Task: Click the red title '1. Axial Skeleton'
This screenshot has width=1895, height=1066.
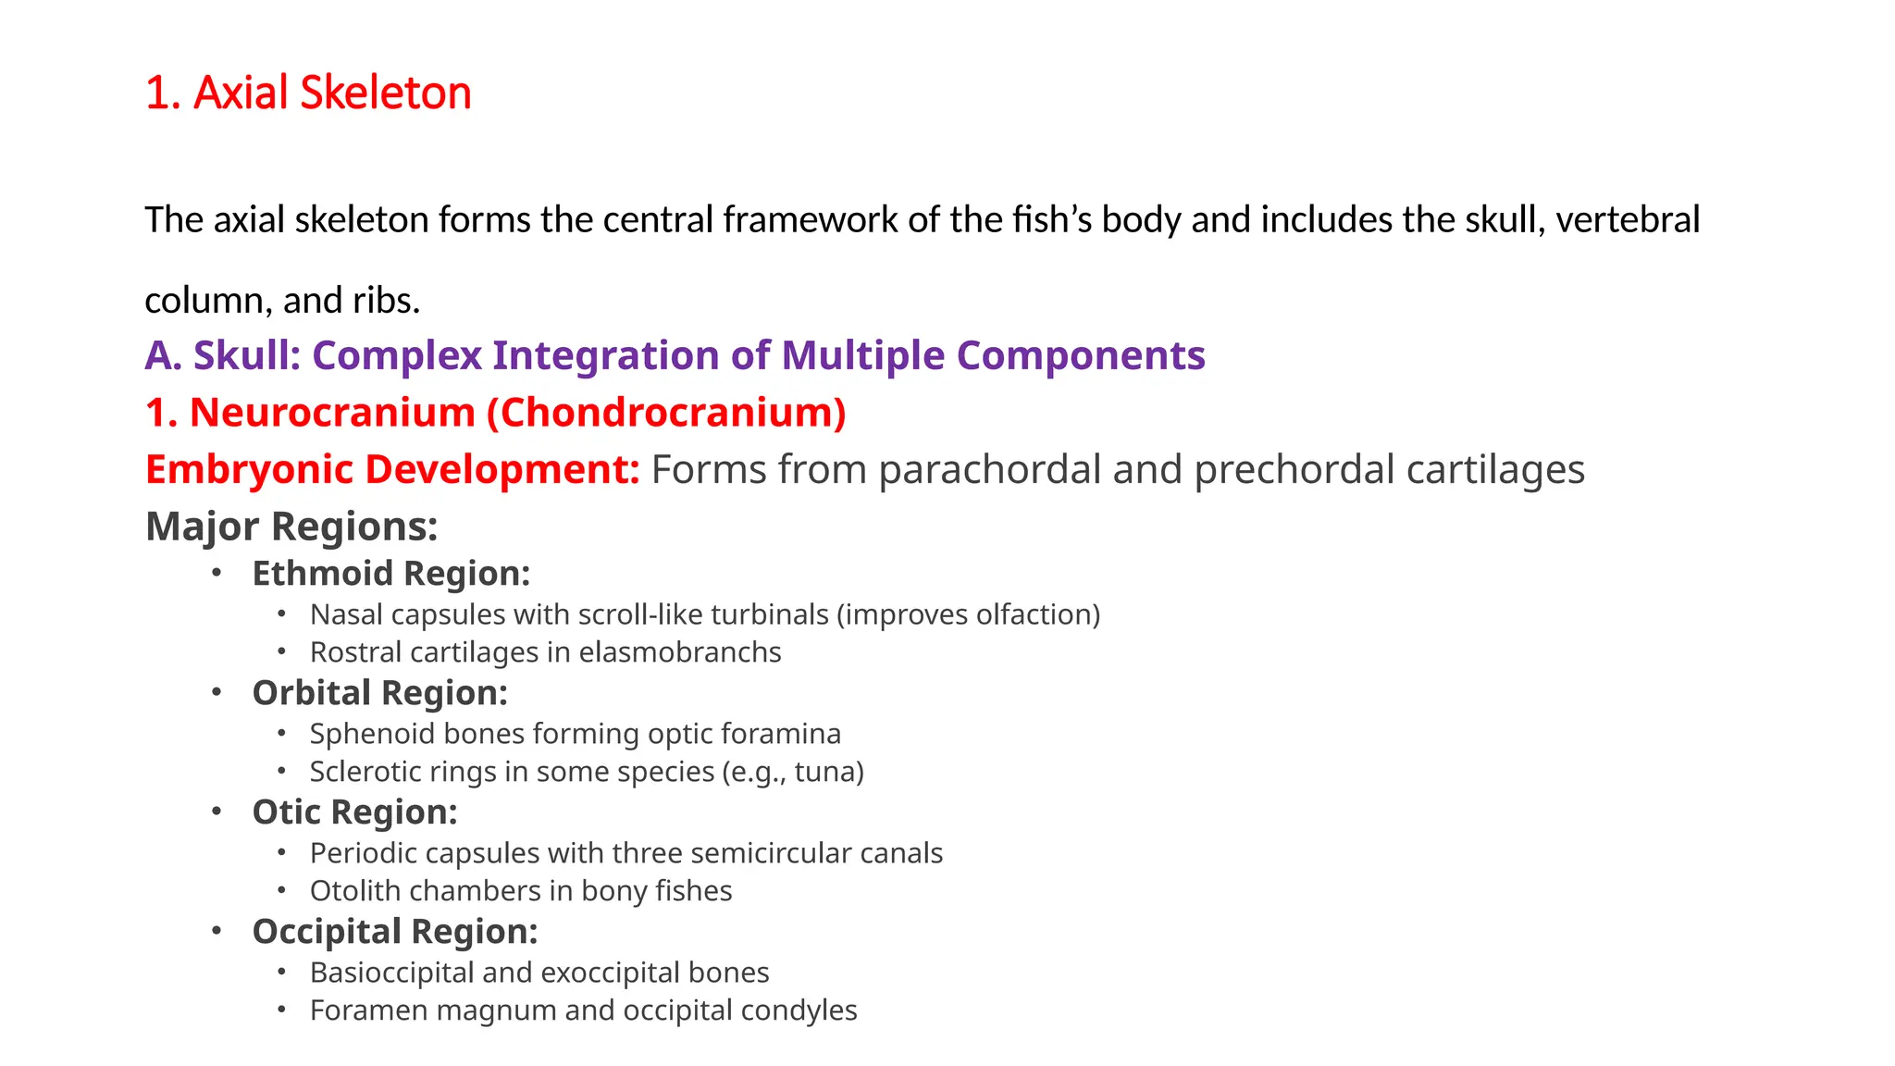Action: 308,93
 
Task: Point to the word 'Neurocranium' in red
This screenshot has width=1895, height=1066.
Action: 332,413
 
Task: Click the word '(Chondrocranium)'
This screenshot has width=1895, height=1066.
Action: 666,413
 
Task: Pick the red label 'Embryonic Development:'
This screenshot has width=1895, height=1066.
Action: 392,470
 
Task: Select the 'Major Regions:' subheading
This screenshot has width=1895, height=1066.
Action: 291,527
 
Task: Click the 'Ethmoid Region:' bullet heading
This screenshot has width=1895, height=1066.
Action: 390,574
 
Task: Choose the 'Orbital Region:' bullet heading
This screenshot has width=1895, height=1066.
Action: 379,693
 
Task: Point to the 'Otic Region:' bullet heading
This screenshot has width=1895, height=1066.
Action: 354,812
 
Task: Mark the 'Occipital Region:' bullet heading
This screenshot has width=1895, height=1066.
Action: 394,932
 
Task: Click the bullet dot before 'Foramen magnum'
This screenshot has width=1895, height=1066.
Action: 281,1010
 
